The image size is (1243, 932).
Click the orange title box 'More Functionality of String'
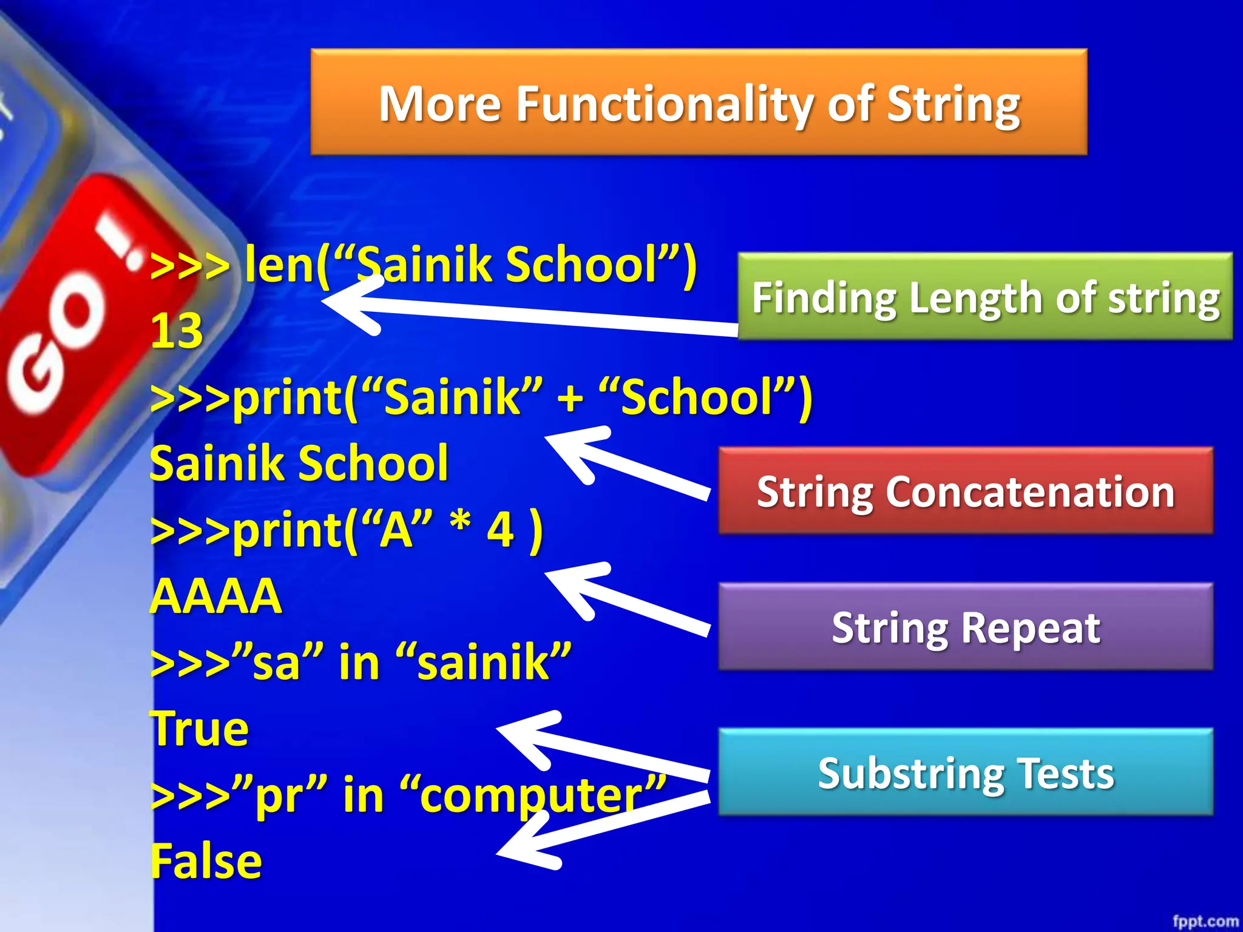(x=699, y=102)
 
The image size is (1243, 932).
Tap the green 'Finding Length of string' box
(x=985, y=297)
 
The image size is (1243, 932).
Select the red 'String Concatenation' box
(x=965, y=491)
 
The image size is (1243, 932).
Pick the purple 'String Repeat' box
(x=965, y=627)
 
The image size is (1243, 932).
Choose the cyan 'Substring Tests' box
(x=965, y=772)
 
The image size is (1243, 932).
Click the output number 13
(x=176, y=331)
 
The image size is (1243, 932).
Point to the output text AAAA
(x=215, y=596)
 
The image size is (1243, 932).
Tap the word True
(x=200, y=728)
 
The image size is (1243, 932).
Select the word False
(x=206, y=861)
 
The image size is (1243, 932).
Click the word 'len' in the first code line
(x=279, y=265)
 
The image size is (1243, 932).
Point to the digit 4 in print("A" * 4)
(x=501, y=530)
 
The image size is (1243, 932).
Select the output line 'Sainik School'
(x=299, y=464)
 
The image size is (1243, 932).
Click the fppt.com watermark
(x=1205, y=921)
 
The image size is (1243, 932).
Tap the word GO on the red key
(x=58, y=346)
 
